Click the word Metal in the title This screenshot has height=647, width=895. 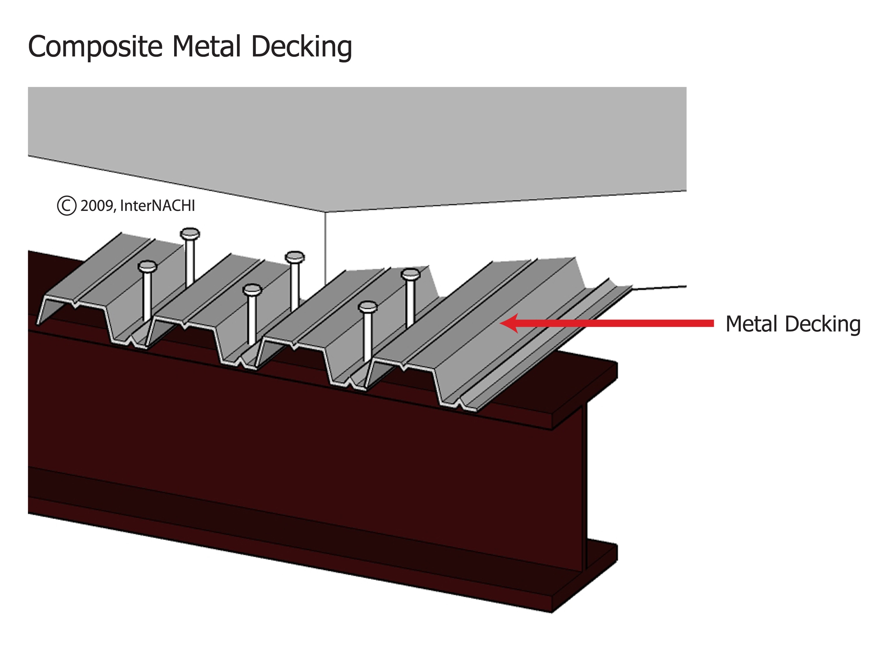(206, 46)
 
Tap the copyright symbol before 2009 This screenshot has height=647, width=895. (66, 206)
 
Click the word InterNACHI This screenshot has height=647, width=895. (157, 206)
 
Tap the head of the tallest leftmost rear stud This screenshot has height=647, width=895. (190, 234)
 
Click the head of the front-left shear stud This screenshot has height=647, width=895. (148, 267)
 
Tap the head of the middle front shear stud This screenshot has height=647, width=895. (252, 290)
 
